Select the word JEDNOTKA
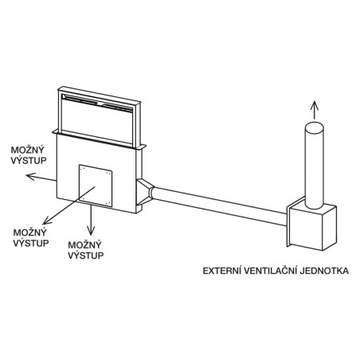coord(325,271)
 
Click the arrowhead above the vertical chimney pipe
coord(315,104)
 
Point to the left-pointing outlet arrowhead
coord(30,176)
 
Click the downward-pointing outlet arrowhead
coord(91,231)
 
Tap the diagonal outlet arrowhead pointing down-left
coord(47,221)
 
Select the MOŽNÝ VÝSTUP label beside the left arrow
coord(29,155)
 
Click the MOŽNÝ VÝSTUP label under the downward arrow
coord(85,250)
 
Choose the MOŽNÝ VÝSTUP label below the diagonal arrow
coord(31,237)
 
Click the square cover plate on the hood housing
coord(96,186)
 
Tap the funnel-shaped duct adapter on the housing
coord(145,192)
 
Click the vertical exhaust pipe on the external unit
coord(315,166)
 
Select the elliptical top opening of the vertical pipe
coord(315,127)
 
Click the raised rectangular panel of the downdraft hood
coord(99,117)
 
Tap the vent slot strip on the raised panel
coord(97,103)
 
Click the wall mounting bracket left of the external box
coord(289,221)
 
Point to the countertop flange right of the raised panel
coord(143,147)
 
